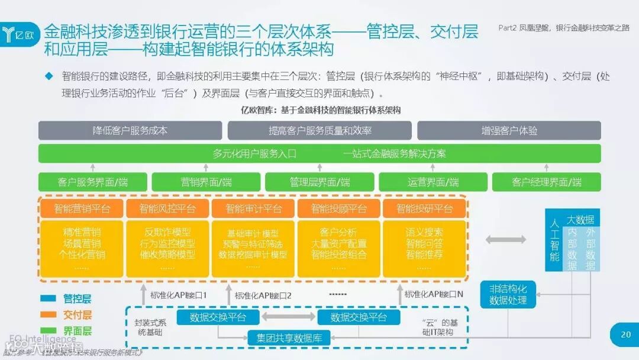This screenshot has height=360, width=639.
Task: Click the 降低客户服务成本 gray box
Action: click(130, 130)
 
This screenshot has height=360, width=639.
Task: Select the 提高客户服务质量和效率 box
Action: click(319, 130)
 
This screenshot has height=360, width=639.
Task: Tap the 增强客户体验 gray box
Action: click(509, 130)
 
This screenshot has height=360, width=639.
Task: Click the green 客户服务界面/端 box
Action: click(92, 182)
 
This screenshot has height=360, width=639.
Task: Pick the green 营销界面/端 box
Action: click(206, 182)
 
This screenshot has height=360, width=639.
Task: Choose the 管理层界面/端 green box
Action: click(319, 182)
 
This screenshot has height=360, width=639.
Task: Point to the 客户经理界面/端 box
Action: click(546, 182)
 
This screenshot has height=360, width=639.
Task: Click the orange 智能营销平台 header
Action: click(82, 208)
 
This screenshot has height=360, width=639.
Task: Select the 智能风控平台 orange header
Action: click(167, 208)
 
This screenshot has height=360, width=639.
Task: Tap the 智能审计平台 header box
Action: click(253, 208)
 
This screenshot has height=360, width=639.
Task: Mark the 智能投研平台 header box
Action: click(424, 208)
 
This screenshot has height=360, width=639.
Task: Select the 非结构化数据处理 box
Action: click(508, 295)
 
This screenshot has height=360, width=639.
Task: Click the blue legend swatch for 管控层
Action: click(49, 299)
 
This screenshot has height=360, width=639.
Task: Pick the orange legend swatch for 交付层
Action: click(49, 315)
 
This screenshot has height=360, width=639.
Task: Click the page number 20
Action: click(625, 335)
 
